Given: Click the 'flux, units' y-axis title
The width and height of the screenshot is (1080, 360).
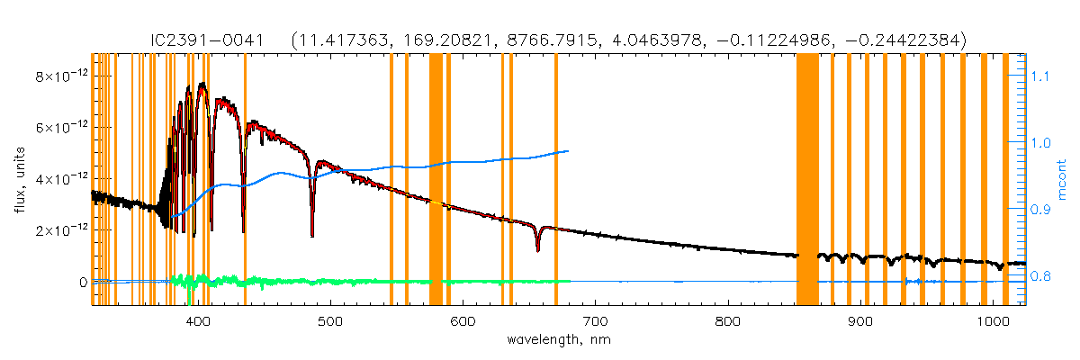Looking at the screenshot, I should pos(19,180).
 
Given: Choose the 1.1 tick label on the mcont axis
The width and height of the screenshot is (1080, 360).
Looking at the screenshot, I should pos(1041,76).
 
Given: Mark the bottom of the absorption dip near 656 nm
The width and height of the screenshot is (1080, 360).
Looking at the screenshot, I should pos(537,250).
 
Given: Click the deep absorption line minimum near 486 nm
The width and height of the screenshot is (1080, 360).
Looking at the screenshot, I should pos(312,236).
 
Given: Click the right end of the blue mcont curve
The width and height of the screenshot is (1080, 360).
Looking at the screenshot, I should pos(567,151).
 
